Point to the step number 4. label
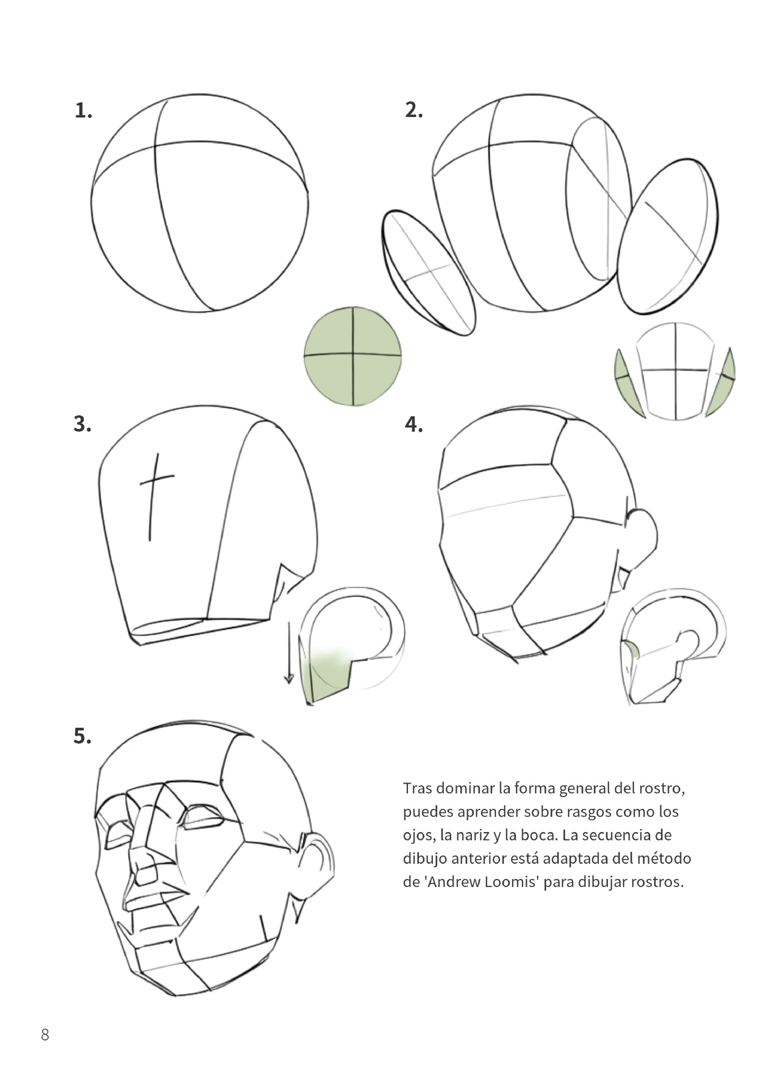click(414, 424)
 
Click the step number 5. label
click(82, 736)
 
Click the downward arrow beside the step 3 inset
click(289, 654)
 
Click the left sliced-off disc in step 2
click(428, 273)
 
